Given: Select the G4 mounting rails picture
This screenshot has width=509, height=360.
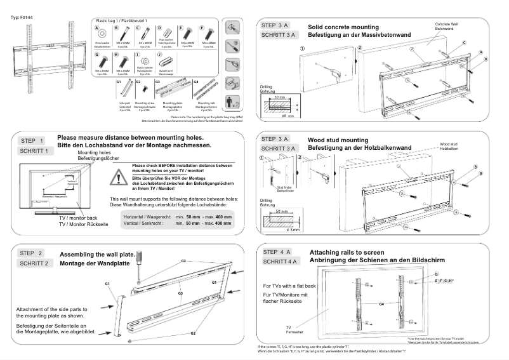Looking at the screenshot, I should pos(204,89).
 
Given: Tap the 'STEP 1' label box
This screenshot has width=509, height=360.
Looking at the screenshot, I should pos(32,141).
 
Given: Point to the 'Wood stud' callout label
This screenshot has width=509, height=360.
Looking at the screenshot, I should pos(449,144).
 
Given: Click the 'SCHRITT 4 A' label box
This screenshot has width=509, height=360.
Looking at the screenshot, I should pos(280,262).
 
